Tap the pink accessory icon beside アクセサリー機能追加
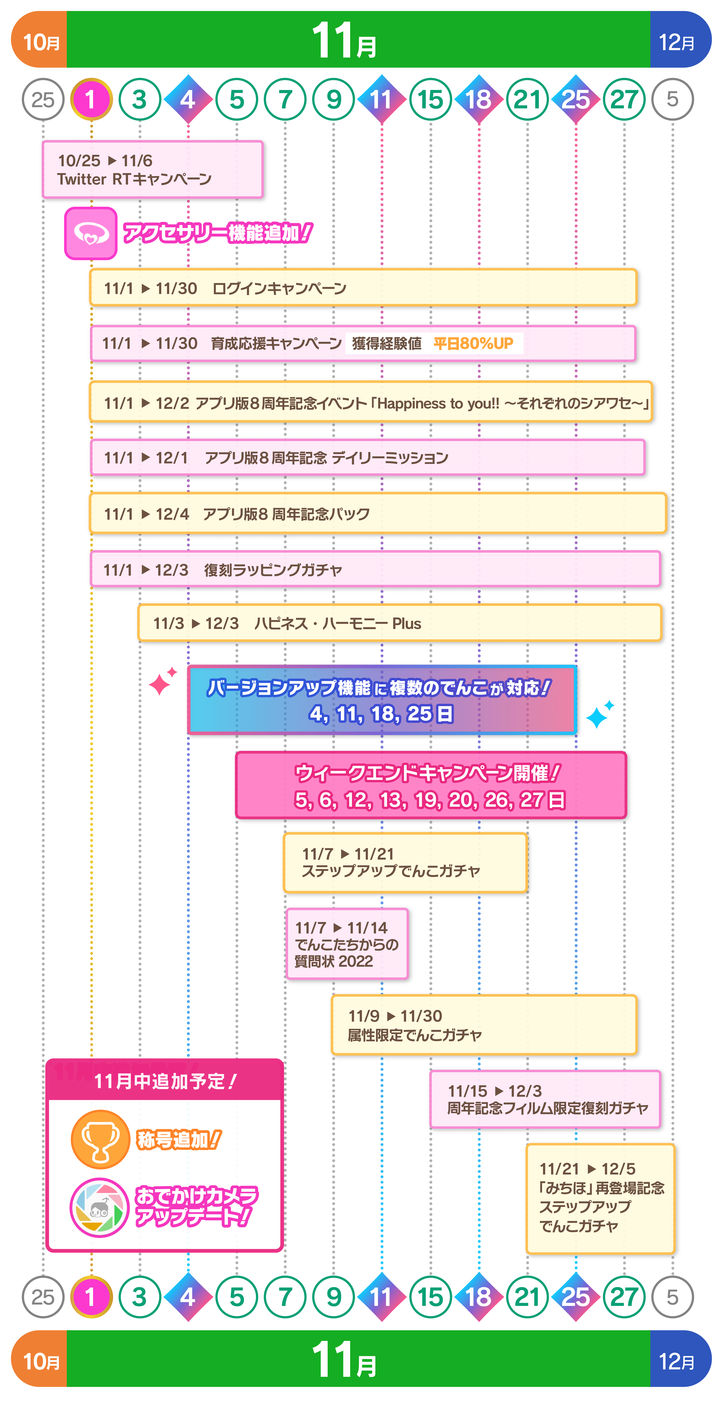(x=91, y=234)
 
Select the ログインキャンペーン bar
(x=363, y=288)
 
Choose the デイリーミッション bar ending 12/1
(x=367, y=457)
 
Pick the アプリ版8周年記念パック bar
(x=378, y=513)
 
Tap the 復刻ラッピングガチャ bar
(x=375, y=569)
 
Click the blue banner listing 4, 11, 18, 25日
(x=382, y=700)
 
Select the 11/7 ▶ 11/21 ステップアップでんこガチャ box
(x=405, y=862)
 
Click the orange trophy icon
(x=100, y=1139)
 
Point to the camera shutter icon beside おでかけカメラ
(x=99, y=1207)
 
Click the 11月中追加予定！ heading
(x=164, y=1081)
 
